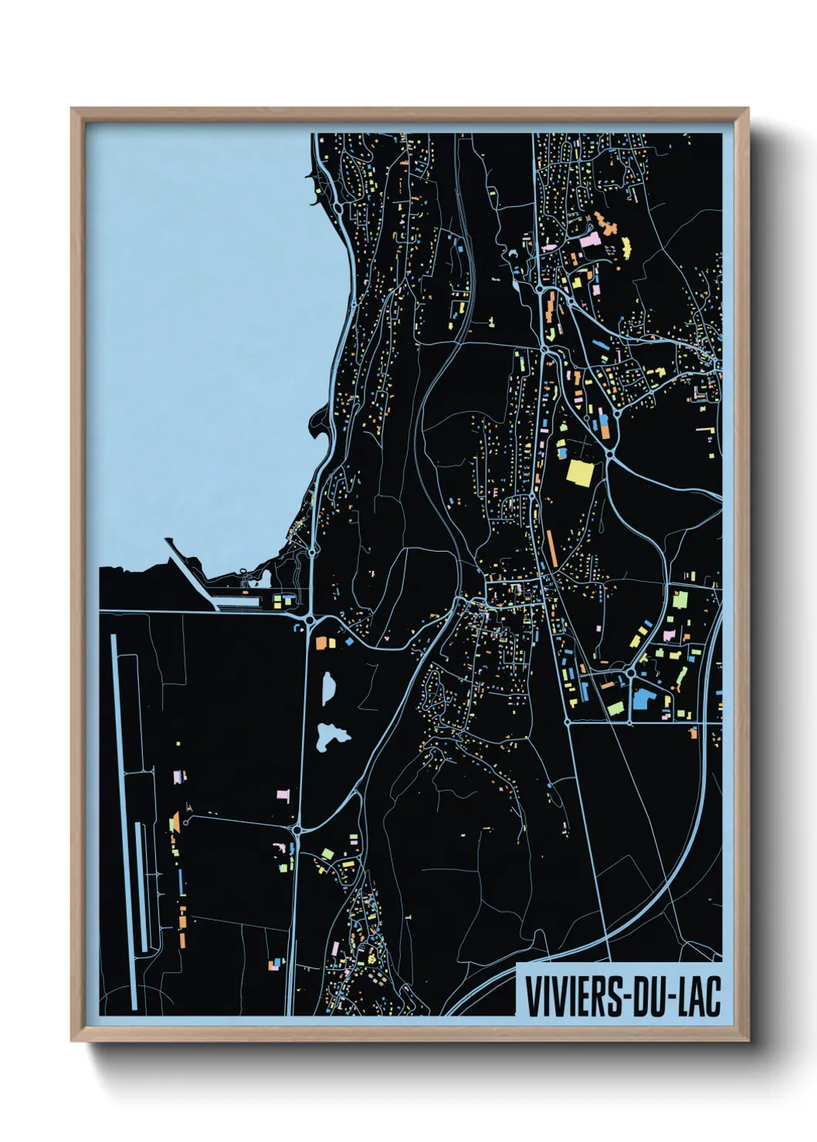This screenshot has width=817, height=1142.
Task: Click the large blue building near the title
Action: (642, 701)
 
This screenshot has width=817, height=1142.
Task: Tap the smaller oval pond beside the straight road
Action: (328, 686)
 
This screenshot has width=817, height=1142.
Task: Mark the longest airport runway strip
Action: (124, 818)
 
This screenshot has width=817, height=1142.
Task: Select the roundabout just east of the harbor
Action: (309, 619)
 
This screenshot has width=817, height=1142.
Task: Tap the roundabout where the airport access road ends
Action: (297, 830)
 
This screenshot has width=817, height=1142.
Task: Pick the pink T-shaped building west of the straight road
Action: (283, 794)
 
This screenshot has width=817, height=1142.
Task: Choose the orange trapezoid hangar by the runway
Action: (175, 823)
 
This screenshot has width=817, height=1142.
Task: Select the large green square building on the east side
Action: (680, 599)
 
